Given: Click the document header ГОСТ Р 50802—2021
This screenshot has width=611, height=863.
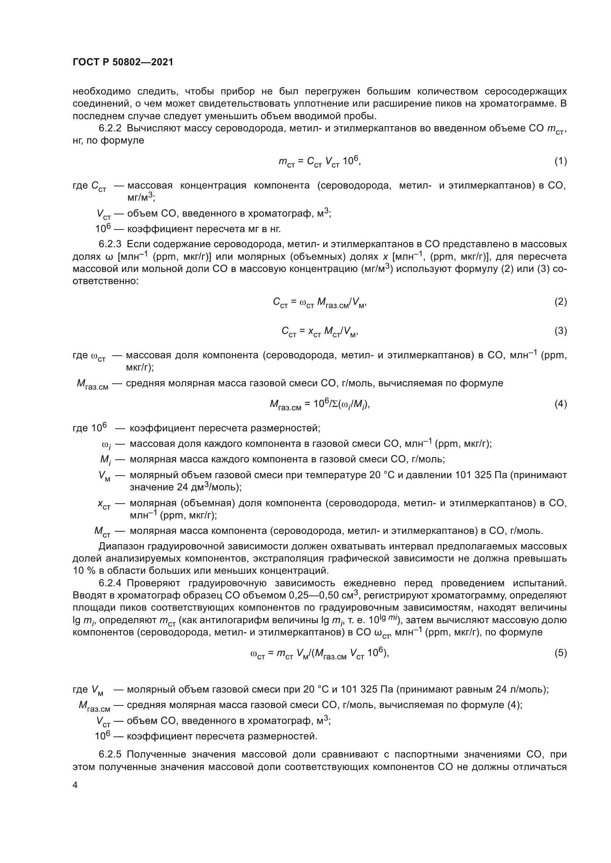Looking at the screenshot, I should [x=123, y=62].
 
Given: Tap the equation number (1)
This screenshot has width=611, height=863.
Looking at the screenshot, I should [x=560, y=161].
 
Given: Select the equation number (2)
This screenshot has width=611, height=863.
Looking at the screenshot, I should [x=560, y=301].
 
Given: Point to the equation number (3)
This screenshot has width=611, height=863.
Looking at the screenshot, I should [x=560, y=331].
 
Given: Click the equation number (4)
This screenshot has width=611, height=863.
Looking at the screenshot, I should [x=560, y=404].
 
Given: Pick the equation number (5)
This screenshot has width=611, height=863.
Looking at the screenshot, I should [x=560, y=653].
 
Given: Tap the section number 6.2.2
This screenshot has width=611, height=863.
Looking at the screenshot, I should [x=110, y=128].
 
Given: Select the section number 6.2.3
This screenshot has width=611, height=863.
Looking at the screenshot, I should [x=110, y=244].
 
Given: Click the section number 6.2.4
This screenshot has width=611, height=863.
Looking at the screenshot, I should [x=110, y=583].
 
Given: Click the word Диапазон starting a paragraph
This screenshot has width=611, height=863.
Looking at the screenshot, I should [x=122, y=546].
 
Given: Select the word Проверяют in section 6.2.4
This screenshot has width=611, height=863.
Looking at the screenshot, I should [x=154, y=583].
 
